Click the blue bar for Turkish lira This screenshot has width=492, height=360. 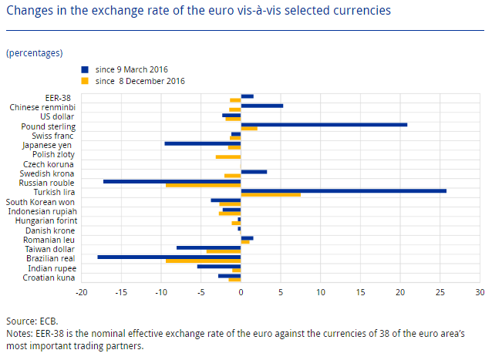coord(343,190)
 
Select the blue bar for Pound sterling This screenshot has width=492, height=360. coord(324,124)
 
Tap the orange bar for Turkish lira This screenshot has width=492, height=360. coord(271,195)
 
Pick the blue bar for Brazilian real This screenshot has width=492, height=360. coord(169,257)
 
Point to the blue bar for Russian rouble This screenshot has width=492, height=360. coord(172,181)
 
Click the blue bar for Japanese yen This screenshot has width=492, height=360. coord(203,143)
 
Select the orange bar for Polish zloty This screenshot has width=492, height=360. coord(228,157)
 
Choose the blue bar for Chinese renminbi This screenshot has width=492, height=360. coord(261,106)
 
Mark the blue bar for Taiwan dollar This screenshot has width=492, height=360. coord(208,247)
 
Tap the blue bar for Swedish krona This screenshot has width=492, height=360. coord(254,172)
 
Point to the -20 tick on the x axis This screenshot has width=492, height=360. coord(81,293)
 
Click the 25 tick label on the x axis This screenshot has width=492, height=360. coord(440,293)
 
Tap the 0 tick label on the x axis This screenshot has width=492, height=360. coord(241,293)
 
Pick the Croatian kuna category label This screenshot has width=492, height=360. coord(49,278)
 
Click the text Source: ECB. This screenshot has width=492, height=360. coord(32,321)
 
